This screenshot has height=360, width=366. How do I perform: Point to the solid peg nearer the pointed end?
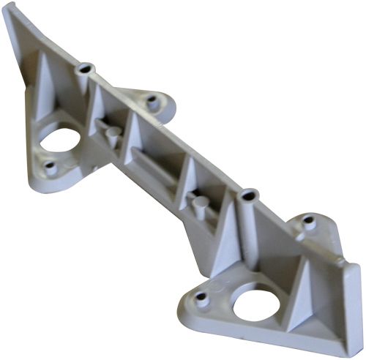click(x=113, y=135)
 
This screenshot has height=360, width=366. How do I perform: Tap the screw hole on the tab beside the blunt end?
click(x=309, y=224)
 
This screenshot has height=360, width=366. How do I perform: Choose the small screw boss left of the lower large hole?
click(x=200, y=298)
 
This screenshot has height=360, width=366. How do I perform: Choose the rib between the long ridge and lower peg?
click(x=183, y=183)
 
